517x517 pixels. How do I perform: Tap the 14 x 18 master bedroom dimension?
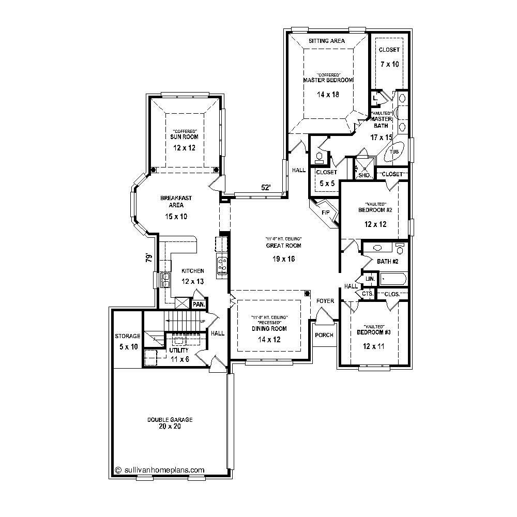tap(328, 94)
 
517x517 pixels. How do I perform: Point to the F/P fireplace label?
tap(326, 212)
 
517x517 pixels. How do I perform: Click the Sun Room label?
tap(185, 137)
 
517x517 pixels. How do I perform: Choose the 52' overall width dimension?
tap(266, 188)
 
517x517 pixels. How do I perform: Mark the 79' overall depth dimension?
tap(149, 257)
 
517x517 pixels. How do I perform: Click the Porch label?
tap(324, 334)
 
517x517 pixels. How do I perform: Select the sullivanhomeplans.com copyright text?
tap(160, 470)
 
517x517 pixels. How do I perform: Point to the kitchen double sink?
tap(166, 280)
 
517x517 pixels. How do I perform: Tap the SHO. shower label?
tap(364, 175)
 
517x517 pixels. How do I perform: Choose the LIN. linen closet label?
tap(370, 279)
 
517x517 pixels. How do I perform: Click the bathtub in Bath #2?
tap(393, 279)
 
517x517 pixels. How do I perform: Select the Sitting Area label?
tap(326, 40)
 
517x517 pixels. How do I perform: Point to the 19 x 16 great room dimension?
tap(283, 258)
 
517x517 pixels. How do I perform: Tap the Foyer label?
tap(325, 301)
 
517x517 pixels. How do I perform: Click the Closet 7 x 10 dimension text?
tap(389, 64)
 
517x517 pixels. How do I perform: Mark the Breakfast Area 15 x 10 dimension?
tap(176, 217)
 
